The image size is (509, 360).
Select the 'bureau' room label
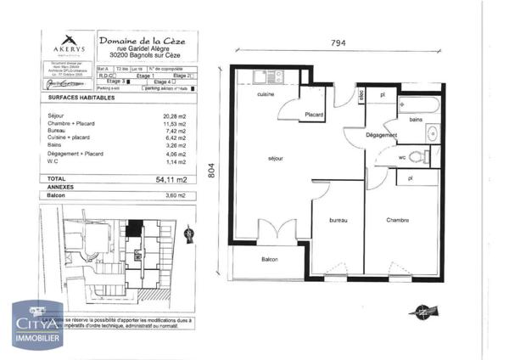[339, 220]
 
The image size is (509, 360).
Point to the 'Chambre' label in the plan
[397, 220]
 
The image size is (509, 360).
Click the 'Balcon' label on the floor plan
[271, 259]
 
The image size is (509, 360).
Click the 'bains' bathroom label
[416, 121]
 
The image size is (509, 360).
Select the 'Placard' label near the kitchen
[315, 115]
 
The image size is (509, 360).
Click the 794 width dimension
[339, 43]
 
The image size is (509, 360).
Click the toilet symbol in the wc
[417, 156]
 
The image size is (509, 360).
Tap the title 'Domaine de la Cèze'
[143, 41]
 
